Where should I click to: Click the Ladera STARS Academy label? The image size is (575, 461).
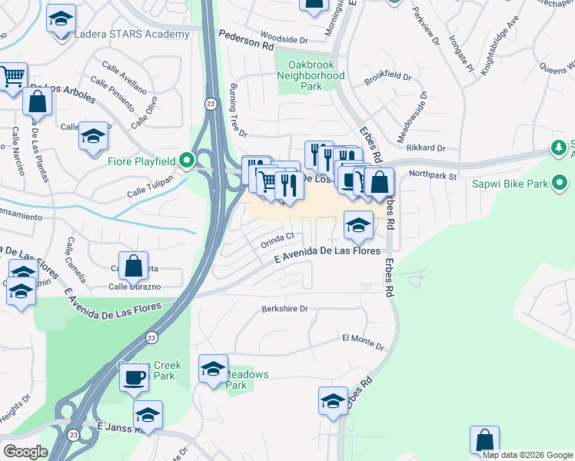tap(131, 34)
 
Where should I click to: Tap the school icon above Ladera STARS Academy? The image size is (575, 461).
tap(61, 19)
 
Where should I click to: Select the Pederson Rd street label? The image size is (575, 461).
tap(246, 41)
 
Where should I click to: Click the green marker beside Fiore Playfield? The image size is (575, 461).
tap(186, 161)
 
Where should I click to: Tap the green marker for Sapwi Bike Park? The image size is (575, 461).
tap(560, 184)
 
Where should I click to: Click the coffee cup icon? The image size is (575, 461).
tap(135, 377)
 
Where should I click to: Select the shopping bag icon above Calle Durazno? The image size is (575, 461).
tap(134, 266)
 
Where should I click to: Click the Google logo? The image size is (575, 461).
tap(25, 452)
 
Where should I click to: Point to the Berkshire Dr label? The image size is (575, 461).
tap(284, 309)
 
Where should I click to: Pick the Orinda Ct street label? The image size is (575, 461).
tap(278, 240)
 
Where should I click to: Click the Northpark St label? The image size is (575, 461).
tap(433, 176)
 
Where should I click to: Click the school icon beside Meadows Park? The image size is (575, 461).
tap(213, 369)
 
